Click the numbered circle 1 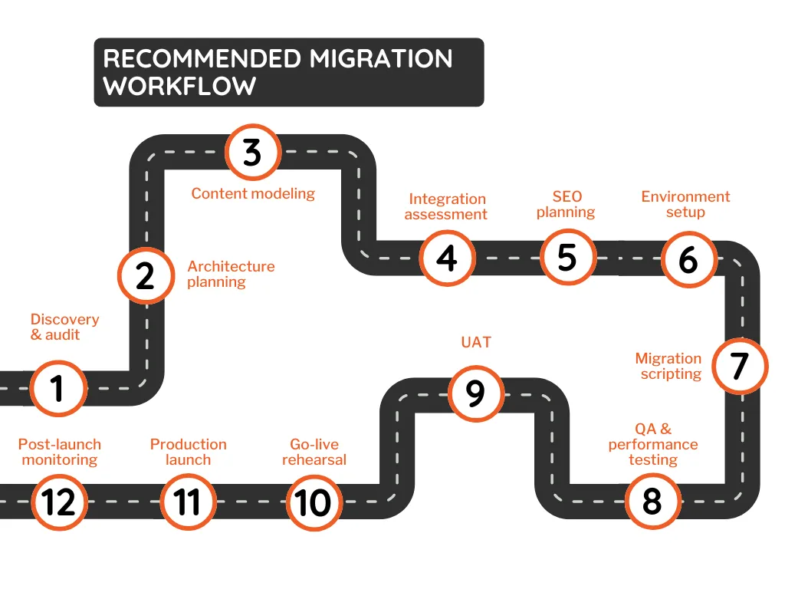[x=58, y=388]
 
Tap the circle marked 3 [x=253, y=152]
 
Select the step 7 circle [x=740, y=366]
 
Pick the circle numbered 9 [x=475, y=393]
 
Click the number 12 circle [x=59, y=502]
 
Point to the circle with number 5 [x=568, y=258]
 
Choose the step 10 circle [x=314, y=502]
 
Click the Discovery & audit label [x=64, y=327]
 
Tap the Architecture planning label [x=231, y=274]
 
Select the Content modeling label [x=253, y=193]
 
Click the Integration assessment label [x=446, y=206]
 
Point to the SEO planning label [x=567, y=204]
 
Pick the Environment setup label [x=685, y=204]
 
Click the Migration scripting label [x=668, y=366]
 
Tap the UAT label [x=476, y=342]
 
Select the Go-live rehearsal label [x=314, y=452]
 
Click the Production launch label [x=189, y=452]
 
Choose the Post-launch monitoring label [x=60, y=452]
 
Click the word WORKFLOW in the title [x=179, y=86]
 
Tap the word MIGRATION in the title [x=381, y=58]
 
